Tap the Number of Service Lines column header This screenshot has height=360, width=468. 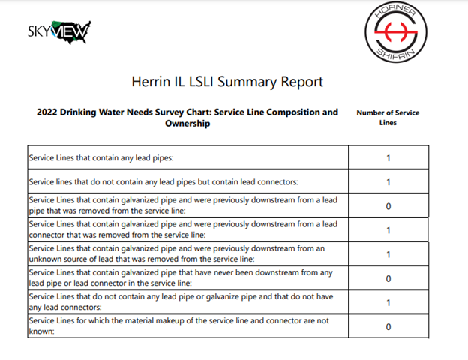coord(388,118)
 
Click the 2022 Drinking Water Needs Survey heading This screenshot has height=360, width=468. coord(187,118)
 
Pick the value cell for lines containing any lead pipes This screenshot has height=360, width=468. coord(388,158)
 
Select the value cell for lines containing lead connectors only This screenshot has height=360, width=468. coord(388,182)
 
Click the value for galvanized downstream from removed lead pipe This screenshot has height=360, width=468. coord(388,206)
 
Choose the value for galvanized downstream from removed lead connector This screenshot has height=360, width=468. coord(388,230)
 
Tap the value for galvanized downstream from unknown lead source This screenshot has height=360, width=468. coord(388,254)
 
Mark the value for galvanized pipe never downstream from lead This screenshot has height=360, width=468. coord(388,278)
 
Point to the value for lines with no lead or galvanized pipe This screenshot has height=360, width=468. coord(388,302)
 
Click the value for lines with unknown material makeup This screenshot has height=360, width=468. coord(388,326)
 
